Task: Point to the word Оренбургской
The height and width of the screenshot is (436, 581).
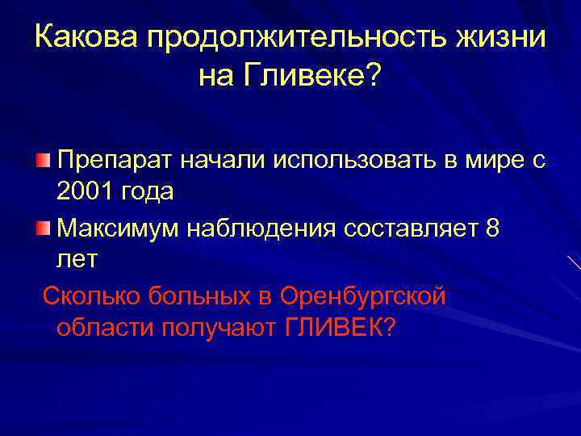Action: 362,296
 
